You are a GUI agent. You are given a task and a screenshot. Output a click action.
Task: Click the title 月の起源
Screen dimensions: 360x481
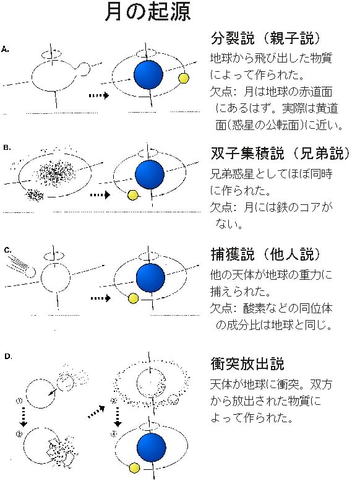coord(147,12)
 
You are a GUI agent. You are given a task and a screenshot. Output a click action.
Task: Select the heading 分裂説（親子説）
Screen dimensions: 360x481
coord(265,38)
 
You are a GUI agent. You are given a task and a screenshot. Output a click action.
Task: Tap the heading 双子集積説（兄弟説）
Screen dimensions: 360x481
coord(280,154)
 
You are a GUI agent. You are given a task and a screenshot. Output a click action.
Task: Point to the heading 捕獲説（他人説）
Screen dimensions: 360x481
coord(265,254)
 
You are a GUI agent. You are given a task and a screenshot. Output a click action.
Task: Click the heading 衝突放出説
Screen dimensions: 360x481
coord(247,363)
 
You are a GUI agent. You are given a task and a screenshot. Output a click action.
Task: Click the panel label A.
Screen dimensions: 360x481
coord(5,50)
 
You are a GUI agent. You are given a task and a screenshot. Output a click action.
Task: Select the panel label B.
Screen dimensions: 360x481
coord(7,147)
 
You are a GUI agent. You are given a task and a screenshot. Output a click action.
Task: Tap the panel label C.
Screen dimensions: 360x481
coord(7,250)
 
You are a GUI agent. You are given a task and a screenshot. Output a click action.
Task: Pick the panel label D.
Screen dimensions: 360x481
coord(8,357)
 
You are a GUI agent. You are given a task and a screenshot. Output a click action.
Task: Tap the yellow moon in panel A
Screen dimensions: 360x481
coord(183,78)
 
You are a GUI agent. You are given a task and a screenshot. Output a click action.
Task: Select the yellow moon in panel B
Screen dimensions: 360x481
coord(133,195)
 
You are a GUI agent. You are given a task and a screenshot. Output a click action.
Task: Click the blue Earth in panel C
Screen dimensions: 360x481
coord(150,277)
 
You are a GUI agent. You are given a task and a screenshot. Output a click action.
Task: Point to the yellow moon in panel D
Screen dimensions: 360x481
coord(134,468)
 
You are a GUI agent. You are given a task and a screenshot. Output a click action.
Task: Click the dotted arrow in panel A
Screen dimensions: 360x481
coord(99,95)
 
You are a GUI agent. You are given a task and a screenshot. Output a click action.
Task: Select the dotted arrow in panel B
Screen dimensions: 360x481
coord(100,195)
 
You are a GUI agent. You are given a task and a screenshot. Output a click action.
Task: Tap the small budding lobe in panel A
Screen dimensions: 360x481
coord(84,69)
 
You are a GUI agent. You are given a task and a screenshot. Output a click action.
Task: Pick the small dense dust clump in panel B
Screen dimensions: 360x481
coord(35,195)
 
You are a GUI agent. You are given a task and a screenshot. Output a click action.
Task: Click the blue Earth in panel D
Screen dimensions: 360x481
coord(152,448)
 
